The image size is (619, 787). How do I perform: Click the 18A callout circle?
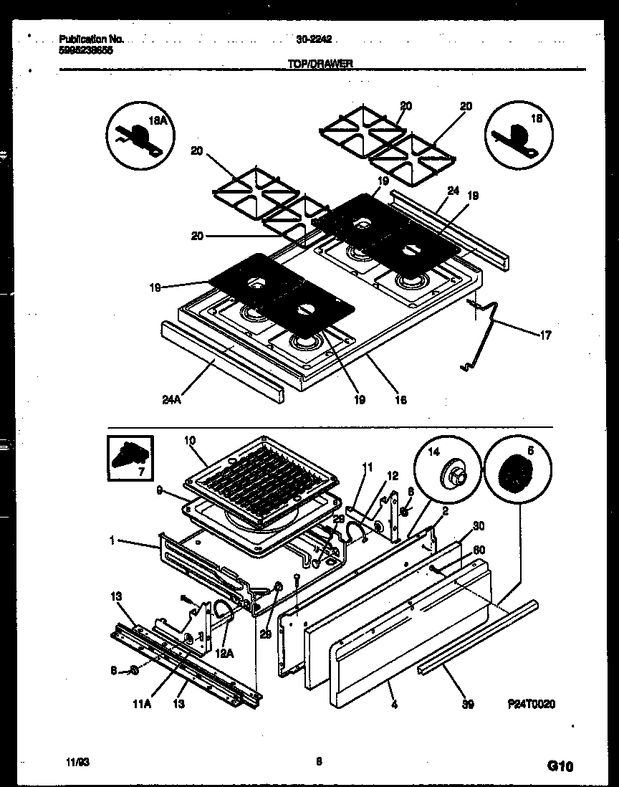(x=140, y=135)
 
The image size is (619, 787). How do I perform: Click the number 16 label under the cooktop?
(x=400, y=400)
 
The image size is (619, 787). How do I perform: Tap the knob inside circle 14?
(x=452, y=474)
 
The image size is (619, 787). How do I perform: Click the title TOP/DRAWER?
(x=320, y=63)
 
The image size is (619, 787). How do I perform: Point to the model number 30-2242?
(x=315, y=41)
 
